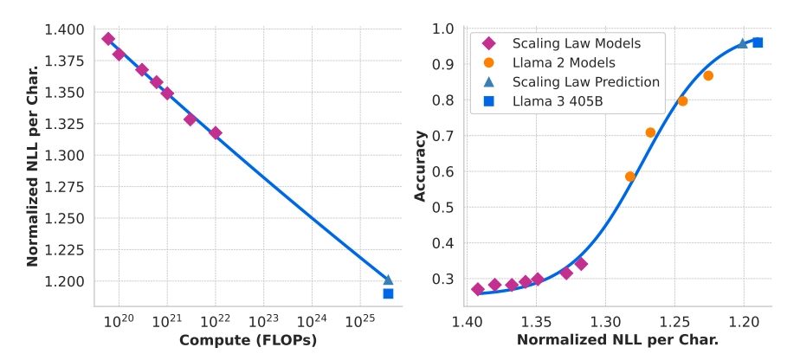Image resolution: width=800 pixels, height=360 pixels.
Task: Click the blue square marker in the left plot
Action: point(388,293)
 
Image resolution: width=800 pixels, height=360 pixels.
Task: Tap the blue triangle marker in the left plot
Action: point(388,280)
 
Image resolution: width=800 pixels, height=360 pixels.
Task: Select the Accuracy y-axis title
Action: point(421,165)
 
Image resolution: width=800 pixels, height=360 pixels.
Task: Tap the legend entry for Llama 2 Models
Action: point(563,62)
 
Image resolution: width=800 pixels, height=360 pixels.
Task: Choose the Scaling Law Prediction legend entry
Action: point(585,81)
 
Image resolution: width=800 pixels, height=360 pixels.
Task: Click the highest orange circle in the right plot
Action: point(708,75)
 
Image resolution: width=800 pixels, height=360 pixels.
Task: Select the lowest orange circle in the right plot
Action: point(630,177)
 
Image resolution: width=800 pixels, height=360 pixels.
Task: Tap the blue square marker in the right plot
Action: point(758,42)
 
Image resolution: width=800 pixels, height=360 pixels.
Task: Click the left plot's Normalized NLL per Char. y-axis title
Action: point(33,165)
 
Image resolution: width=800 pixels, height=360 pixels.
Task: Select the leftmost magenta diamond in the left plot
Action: point(108,39)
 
